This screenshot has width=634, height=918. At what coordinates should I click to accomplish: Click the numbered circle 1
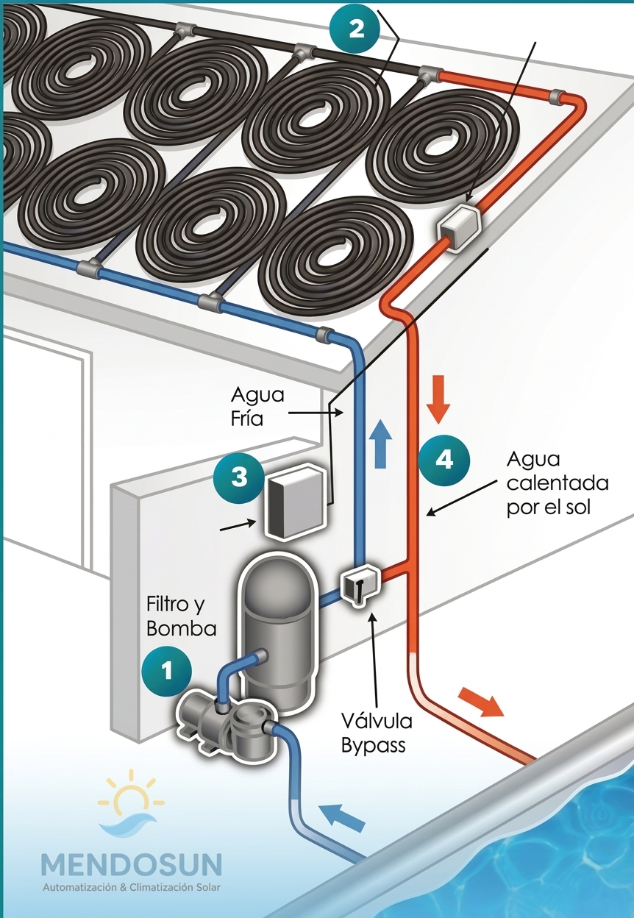[166, 672]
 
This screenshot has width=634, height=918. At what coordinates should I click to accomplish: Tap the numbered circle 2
[356, 29]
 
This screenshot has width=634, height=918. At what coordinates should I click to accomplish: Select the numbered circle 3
[239, 477]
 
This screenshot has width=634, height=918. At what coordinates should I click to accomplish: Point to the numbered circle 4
[444, 460]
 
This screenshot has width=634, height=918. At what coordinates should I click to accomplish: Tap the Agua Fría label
[257, 407]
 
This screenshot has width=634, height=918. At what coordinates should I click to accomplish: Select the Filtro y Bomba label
[181, 616]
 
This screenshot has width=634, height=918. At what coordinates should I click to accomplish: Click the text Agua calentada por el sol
[558, 483]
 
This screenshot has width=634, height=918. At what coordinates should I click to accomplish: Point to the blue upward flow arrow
[380, 444]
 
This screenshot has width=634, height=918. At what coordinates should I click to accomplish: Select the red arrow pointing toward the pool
[481, 701]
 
